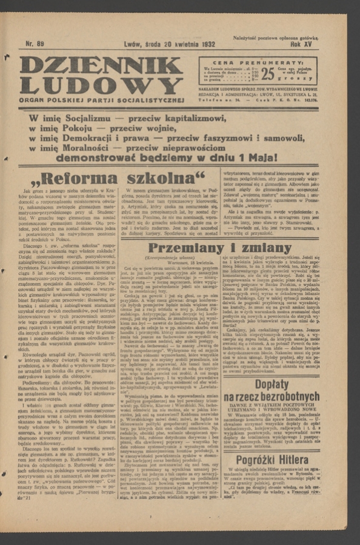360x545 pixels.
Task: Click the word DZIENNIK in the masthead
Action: click(x=101, y=65)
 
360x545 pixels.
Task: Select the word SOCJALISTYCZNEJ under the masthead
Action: click(x=149, y=99)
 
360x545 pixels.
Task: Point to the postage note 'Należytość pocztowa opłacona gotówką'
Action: click(x=276, y=38)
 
